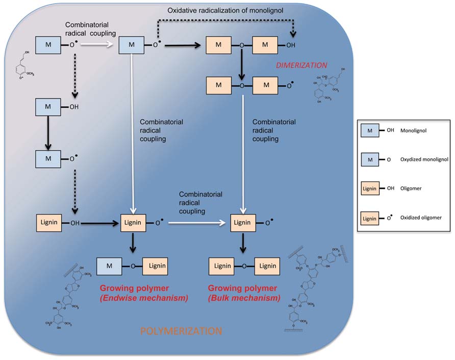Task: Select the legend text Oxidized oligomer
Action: tap(421, 218)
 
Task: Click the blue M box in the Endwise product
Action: tap(110, 266)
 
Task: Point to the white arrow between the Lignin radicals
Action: tap(197, 223)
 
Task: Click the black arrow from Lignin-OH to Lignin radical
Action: tap(97, 223)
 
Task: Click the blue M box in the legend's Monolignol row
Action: tap(370, 131)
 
